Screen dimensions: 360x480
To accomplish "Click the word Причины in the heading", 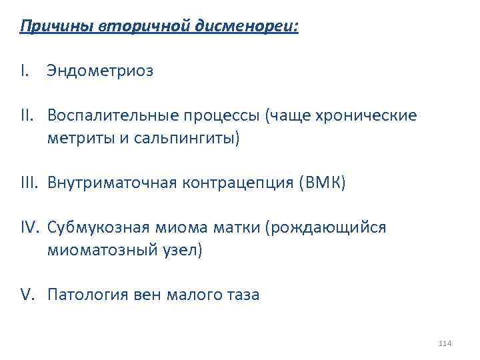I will (x=58, y=27).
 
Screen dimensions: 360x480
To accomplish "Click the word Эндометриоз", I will (x=100, y=71).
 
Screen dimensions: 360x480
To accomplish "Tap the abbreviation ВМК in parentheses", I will (x=321, y=183).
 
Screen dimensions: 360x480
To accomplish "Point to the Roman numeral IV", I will (x=31, y=229).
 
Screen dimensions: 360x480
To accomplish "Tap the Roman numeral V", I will (x=28, y=295).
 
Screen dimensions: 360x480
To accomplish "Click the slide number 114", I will (x=445, y=343).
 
